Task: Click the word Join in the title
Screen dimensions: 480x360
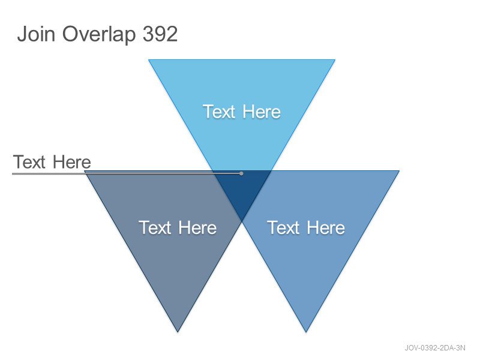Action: [36, 34]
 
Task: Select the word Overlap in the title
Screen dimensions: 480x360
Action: [99, 35]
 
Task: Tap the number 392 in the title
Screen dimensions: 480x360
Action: [160, 34]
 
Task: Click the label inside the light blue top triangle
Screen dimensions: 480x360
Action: [242, 112]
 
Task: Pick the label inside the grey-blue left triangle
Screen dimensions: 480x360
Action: [178, 227]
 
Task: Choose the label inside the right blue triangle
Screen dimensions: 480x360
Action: [306, 227]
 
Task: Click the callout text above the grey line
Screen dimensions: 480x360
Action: [52, 161]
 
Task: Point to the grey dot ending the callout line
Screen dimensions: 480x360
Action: [241, 173]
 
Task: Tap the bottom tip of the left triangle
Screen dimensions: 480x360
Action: [178, 332]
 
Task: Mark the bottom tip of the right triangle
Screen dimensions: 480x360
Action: [306, 332]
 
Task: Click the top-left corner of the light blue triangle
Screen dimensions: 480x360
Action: [149, 60]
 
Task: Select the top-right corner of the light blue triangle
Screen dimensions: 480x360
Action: [335, 60]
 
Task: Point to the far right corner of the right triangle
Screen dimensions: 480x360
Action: [399, 171]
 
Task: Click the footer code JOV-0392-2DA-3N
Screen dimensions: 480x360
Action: [435, 348]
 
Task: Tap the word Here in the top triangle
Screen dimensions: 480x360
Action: [262, 112]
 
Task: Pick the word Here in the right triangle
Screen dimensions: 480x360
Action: [326, 227]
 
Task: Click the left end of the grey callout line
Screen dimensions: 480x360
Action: [13, 173]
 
